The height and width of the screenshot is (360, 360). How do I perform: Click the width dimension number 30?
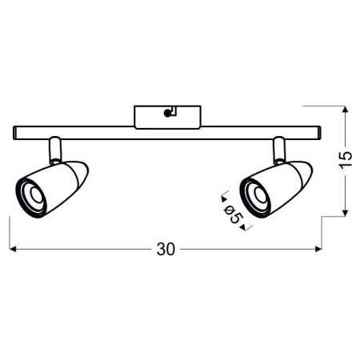tap(166, 250)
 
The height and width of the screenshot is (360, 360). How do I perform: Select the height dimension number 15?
tap(345, 161)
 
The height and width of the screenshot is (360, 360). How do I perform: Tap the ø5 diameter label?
tap(233, 213)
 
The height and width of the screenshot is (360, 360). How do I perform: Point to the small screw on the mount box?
tap(168, 113)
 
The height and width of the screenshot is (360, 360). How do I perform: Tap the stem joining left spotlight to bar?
tap(54, 147)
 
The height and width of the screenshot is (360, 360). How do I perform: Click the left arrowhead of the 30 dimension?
tap(14, 250)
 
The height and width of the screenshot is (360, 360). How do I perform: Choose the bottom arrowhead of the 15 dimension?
tap(344, 212)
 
